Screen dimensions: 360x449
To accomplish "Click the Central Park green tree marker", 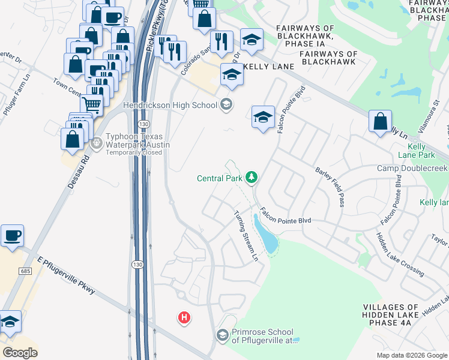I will (252, 177).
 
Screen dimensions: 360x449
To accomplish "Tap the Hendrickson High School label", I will (169, 106).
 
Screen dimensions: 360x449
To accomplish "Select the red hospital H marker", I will (185, 317).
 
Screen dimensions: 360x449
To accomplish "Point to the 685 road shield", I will (25, 255).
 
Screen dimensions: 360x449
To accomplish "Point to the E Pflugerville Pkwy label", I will (66, 275).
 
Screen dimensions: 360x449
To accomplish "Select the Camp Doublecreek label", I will (412, 168).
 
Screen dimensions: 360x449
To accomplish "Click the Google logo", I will (20, 353).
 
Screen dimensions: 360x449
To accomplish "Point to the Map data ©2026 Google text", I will (411, 355).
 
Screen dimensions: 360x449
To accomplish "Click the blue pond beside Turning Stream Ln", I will (268, 236).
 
